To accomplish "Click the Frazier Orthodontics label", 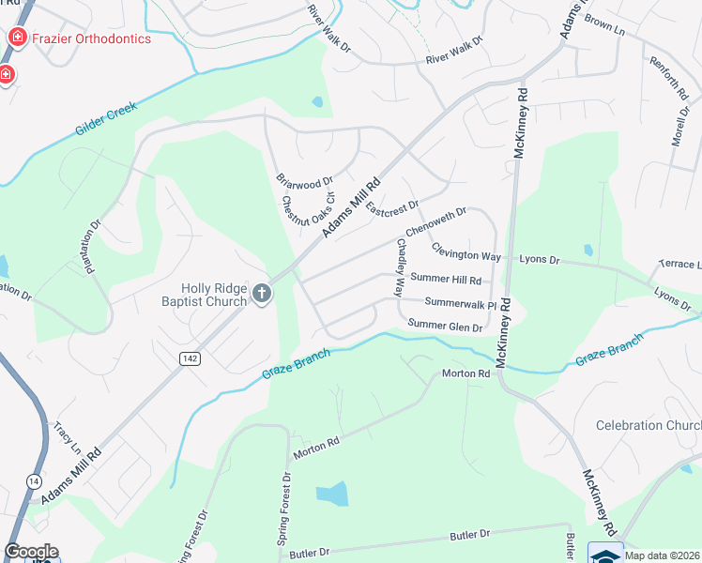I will coord(92,38).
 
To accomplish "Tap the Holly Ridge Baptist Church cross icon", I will coord(262,295).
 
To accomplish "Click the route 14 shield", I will coord(34,481).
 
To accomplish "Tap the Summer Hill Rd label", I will coord(446,280).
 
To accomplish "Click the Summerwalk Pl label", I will coord(460,302).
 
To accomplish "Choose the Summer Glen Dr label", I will coord(445,327).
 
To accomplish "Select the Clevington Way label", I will coord(465,255).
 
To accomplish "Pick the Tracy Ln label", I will coord(68,435).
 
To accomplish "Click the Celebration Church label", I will coord(648,425).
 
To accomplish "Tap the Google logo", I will coord(31,552).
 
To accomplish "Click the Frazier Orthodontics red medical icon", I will coord(17,38).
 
